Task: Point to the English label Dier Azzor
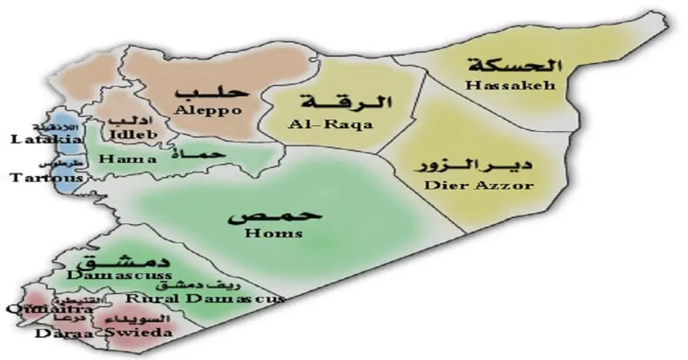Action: tap(478, 186)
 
